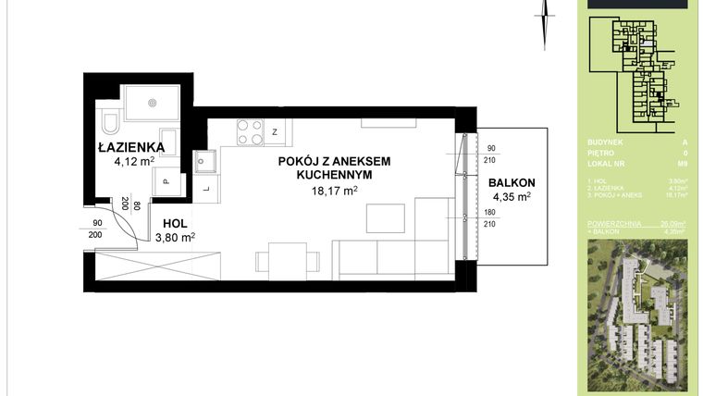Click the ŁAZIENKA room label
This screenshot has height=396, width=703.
(131, 146)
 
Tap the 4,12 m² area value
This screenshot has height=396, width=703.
(132, 162)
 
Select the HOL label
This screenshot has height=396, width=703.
(175, 224)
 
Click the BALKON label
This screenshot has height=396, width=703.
(512, 182)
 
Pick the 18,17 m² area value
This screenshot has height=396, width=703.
(334, 191)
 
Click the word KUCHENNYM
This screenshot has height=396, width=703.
(334, 175)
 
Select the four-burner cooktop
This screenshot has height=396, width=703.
(249, 132)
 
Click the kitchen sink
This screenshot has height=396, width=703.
(203, 163)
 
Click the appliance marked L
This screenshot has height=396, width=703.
(205, 190)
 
